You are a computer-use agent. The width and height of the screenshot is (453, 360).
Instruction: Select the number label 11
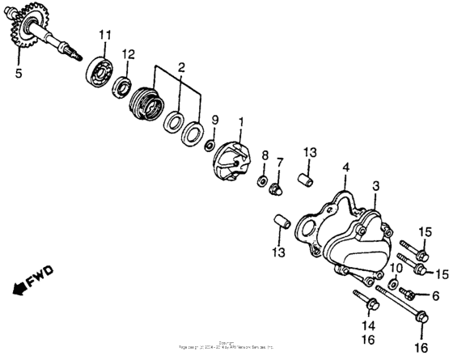[104, 34]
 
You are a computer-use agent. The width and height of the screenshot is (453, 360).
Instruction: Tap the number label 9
[214, 121]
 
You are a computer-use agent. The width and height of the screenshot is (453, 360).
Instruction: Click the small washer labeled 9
[209, 145]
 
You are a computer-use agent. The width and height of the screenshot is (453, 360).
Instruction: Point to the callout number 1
[239, 121]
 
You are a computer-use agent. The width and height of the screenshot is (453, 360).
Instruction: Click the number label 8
[264, 154]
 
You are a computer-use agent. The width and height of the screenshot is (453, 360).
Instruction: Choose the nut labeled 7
[277, 189]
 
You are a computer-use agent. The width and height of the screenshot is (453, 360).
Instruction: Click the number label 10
[397, 268]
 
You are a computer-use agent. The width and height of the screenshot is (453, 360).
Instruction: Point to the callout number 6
[434, 296]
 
